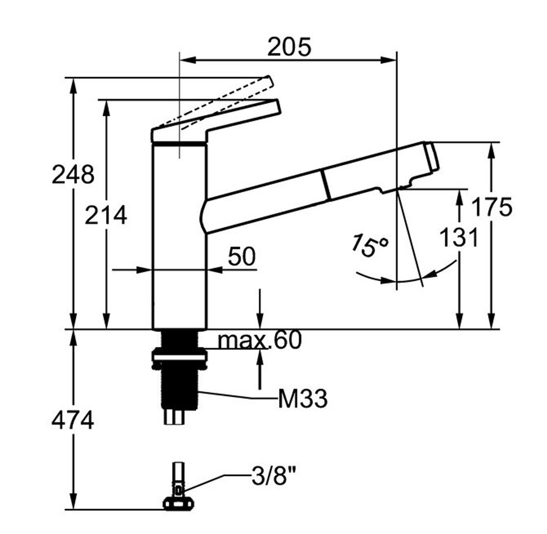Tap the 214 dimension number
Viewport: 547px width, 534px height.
106,215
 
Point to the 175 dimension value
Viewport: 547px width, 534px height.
492,207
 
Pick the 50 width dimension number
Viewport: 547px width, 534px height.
242,256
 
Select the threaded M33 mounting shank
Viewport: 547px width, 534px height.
180,387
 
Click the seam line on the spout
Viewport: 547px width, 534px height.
326,185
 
